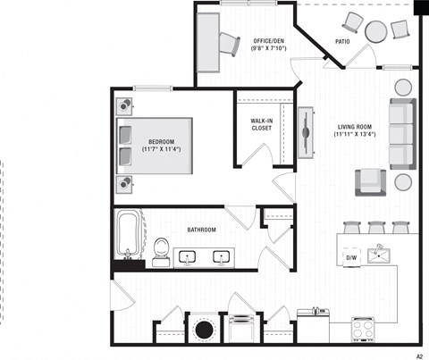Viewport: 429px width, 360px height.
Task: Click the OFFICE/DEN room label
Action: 269,41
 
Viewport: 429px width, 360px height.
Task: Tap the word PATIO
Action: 342,41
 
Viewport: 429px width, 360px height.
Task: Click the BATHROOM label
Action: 201,230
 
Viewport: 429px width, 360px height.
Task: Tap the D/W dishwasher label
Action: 351,258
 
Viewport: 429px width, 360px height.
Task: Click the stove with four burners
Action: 365,330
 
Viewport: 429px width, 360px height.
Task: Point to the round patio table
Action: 375,32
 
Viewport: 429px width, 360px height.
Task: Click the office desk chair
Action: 230,42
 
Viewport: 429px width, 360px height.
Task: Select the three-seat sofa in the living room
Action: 401,134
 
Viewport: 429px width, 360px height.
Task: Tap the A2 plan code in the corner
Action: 418,355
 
